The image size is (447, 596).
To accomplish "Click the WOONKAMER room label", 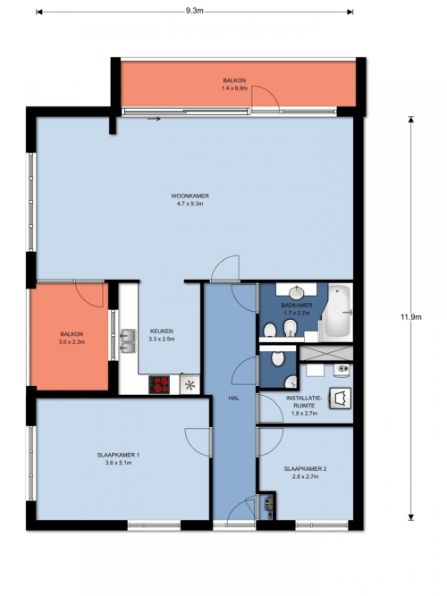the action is [x=190, y=196].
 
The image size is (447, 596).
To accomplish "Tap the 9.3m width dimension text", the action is [x=194, y=11].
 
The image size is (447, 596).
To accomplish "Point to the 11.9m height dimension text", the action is [x=411, y=317].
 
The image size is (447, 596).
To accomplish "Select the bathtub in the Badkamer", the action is [x=337, y=312].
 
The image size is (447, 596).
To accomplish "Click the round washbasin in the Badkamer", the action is [x=296, y=292].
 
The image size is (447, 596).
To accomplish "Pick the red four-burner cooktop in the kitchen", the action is [x=159, y=384].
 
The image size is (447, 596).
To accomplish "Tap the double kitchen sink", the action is [x=128, y=340].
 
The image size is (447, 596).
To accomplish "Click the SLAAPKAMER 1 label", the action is [x=118, y=455].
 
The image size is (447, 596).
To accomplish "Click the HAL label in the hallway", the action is [x=233, y=398].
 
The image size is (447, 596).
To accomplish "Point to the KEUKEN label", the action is [x=161, y=332].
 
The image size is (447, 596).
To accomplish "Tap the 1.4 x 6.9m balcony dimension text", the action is [x=234, y=88].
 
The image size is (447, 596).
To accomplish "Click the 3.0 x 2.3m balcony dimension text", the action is [x=72, y=341].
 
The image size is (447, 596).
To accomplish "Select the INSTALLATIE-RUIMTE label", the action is [x=304, y=402].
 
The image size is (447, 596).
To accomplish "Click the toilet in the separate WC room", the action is [x=278, y=358].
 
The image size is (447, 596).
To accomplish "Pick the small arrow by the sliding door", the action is [x=154, y=119].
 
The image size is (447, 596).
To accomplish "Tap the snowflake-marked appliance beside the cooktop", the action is [x=190, y=384].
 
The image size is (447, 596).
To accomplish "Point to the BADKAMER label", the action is [x=297, y=305].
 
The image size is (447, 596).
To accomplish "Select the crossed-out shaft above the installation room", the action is [x=326, y=353].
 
